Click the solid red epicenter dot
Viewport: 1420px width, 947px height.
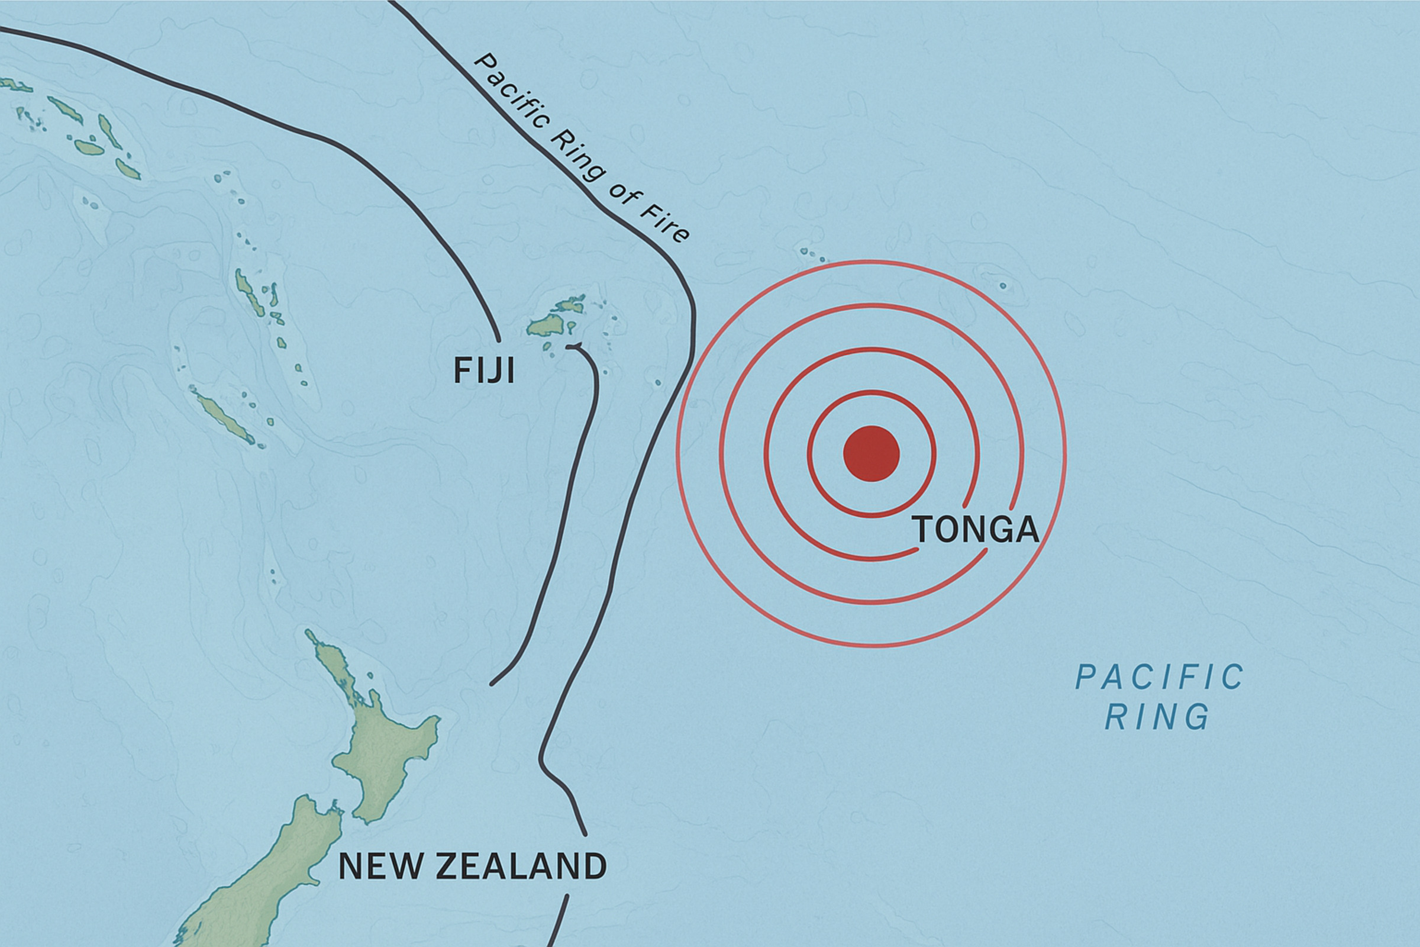(871, 453)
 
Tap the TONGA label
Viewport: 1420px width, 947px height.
(976, 530)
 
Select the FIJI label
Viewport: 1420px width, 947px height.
(484, 371)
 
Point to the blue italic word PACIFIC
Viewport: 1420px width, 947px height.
(1160, 677)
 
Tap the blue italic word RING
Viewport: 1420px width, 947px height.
(1157, 717)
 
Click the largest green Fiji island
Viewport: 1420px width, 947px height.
(546, 326)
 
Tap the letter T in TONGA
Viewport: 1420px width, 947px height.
(923, 530)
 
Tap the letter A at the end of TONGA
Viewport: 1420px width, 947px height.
(1024, 530)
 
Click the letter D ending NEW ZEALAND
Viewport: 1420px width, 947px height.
(594, 866)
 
